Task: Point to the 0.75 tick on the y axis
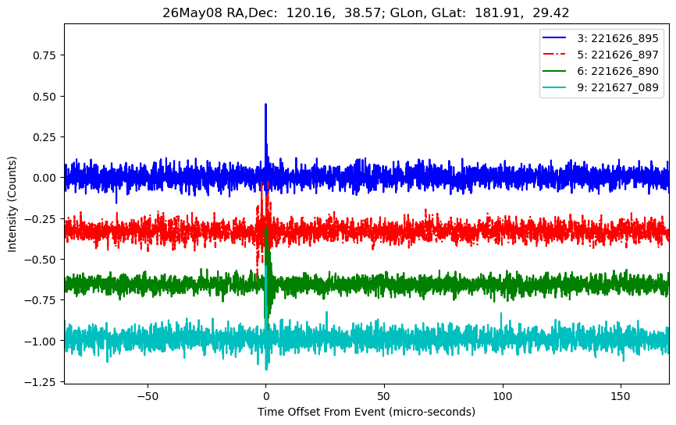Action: tap(44, 55)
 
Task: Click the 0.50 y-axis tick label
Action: tap(44, 96)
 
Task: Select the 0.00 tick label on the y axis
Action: tap(44, 177)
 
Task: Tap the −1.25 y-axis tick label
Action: tap(40, 382)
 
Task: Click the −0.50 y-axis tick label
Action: tap(40, 259)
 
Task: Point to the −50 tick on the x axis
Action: tap(148, 396)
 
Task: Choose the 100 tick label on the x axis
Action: tap(502, 396)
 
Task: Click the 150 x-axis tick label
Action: tap(621, 396)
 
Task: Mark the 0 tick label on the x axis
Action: tap(266, 396)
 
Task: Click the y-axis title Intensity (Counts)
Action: tap(12, 204)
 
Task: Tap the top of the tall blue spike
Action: tap(265, 104)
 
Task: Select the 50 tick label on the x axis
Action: tap(384, 396)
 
